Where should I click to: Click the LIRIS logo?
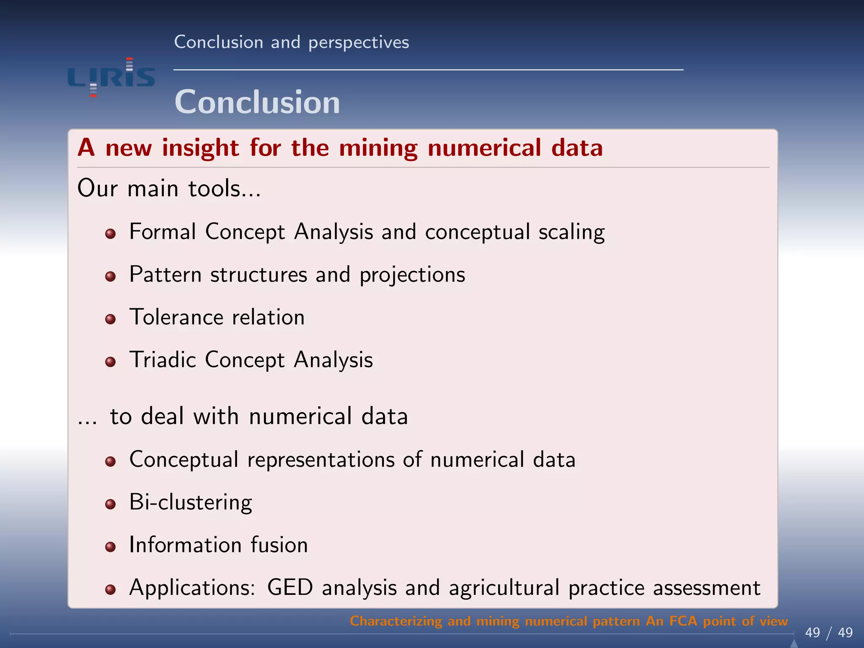111,77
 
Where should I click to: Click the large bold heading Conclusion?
257,103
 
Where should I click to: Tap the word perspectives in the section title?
359,43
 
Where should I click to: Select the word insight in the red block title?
200,148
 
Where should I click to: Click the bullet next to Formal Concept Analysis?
111,234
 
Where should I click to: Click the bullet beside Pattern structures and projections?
111,276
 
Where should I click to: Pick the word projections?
412,275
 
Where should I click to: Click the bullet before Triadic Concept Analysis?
111,362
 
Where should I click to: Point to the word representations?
321,459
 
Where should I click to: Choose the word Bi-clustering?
191,502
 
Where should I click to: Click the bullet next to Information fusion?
111,547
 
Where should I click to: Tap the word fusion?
279,545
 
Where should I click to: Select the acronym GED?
290,588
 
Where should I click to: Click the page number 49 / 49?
829,632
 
